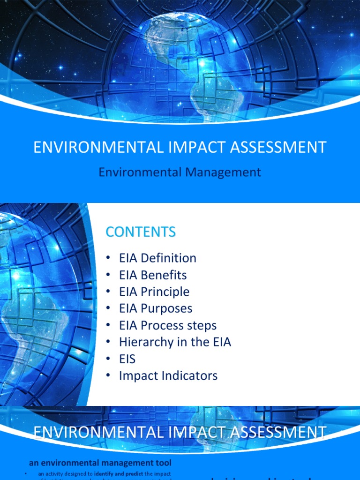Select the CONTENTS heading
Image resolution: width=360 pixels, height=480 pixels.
(x=141, y=232)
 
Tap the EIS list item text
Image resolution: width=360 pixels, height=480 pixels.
(x=127, y=359)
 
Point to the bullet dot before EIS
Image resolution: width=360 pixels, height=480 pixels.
(x=109, y=359)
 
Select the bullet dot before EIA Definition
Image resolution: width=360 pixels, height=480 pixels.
(x=109, y=258)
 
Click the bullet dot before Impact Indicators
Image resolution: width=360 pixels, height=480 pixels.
(x=109, y=376)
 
